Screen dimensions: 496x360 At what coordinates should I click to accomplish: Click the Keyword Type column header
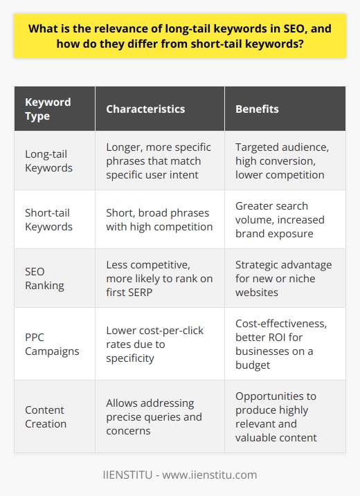(48, 109)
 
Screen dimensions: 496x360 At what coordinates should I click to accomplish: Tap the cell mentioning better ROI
(280, 351)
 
